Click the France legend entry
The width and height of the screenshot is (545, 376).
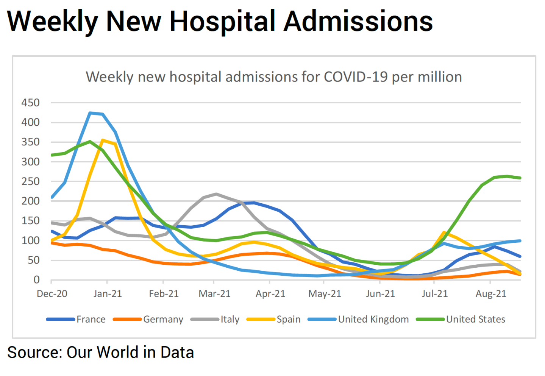pos(91,319)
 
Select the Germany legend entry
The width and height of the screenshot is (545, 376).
pos(163,319)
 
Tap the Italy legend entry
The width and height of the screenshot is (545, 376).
pos(230,319)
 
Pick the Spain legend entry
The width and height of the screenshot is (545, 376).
pos(288,319)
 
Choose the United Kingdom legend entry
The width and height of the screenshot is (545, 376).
pos(373,319)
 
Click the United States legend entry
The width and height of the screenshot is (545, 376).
pos(475,319)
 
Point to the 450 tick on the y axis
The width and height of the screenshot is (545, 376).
pos(31,103)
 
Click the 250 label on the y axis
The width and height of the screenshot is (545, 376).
pos(31,181)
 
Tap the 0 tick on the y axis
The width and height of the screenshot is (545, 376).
pos(36,280)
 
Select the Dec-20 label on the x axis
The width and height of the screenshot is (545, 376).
pos(52,294)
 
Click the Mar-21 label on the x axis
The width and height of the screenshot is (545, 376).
pos(214,294)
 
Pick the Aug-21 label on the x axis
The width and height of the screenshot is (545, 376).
pos(491,294)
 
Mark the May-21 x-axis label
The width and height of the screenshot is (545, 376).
pos(325,294)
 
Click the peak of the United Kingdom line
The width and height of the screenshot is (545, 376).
pos(90,113)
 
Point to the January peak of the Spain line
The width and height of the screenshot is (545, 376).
pos(102,140)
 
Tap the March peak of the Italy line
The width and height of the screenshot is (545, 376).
pos(216,194)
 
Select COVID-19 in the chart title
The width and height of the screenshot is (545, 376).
pos(356,77)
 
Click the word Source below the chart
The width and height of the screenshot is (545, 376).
pos(34,352)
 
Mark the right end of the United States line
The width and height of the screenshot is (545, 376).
pos(520,178)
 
